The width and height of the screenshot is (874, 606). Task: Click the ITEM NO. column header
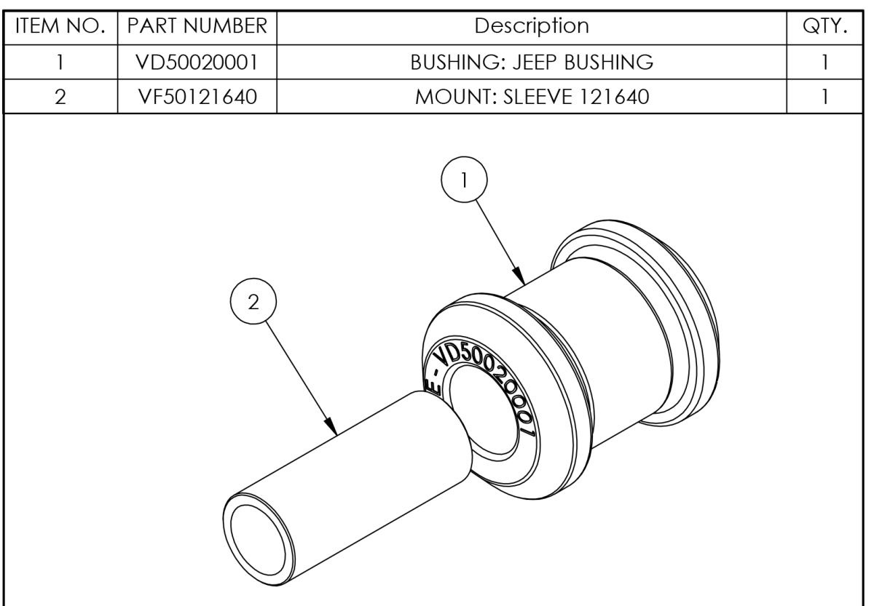click(x=62, y=26)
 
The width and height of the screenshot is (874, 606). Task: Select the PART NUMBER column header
click(x=197, y=26)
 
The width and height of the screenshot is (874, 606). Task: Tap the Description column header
click(x=532, y=26)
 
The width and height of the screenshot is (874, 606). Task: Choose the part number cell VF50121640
click(x=197, y=97)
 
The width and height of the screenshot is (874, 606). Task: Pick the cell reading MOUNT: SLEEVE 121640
click(x=532, y=97)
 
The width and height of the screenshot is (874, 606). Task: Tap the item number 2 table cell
click(x=62, y=97)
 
